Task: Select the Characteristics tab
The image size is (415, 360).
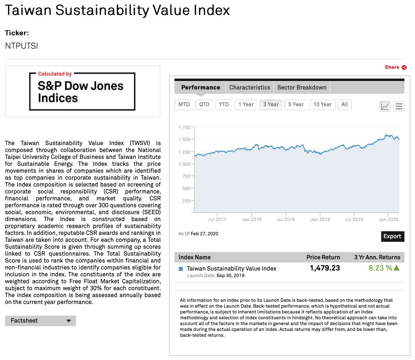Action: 250,87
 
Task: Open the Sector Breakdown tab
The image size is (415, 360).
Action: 302,87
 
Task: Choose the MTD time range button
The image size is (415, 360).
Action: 184,104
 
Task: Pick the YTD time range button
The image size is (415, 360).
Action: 224,104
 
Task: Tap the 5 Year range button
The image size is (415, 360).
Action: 296,104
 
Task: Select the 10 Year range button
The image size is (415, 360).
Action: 322,104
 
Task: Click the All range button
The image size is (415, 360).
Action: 345,104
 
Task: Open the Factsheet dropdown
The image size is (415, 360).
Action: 40,321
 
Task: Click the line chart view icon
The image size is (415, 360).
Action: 384,106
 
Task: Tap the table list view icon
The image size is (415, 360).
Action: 399,106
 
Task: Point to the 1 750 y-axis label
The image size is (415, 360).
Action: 184,127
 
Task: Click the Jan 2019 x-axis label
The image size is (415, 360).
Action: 320,219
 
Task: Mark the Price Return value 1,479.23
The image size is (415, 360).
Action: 325,268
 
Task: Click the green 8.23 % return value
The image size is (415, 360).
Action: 380,268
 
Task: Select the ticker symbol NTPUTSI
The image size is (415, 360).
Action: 21,46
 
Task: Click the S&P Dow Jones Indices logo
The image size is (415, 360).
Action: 82,91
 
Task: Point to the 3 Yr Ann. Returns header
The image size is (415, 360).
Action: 377,257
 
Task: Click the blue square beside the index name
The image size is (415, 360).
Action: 181,269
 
